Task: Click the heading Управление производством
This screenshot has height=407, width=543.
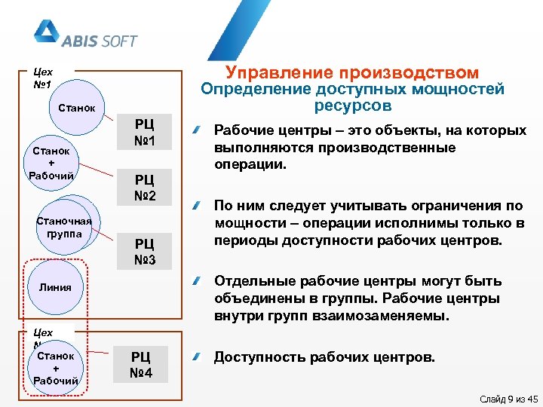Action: point(352,72)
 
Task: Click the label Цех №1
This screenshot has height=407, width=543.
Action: point(44,78)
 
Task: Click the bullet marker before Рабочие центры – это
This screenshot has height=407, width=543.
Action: point(195,131)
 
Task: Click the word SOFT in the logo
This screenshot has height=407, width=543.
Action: point(117,40)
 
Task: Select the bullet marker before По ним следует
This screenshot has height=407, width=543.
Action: point(195,206)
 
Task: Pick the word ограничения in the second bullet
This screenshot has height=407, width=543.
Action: point(437,205)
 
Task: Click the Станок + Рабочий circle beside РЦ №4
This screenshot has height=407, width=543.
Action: point(57,368)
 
